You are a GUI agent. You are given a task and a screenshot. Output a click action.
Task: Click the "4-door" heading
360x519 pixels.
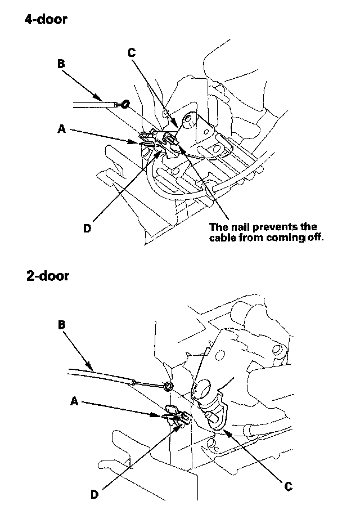point(46,20)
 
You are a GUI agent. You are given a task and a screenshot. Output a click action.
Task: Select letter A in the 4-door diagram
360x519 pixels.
point(62,128)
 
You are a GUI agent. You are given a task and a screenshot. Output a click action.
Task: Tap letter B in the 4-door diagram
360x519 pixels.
point(61,64)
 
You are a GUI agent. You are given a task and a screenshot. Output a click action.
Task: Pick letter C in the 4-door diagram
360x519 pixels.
point(131,53)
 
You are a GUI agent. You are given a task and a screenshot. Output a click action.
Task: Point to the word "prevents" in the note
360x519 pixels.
point(278,227)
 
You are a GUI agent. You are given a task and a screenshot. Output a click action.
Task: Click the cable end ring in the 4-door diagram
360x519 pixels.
point(126,104)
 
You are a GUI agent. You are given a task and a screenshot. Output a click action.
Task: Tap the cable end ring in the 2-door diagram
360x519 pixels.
point(167,386)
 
